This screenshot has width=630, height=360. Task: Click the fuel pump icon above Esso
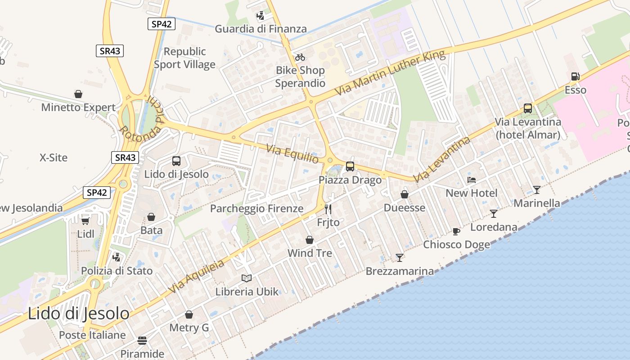[575, 76]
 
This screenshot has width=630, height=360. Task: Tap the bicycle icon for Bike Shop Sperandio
[300, 57]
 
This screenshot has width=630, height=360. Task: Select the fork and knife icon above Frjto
[328, 209]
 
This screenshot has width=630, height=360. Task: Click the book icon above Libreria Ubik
[247, 278]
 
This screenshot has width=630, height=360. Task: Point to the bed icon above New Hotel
[471, 180]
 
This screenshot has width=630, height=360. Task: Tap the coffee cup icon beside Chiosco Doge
[456, 232]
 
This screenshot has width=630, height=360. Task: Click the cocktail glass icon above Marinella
[536, 189]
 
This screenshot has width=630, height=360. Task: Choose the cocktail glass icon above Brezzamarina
[399, 257]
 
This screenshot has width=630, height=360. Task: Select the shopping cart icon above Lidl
[85, 220]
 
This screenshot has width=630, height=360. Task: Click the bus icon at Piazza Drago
[350, 166]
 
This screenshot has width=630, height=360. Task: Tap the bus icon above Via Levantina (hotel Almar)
[527, 108]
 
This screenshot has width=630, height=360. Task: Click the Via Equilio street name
[292, 153]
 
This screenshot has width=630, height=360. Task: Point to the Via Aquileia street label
[196, 277]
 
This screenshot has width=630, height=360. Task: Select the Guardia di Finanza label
[261, 29]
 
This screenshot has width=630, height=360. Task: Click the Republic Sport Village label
[184, 58]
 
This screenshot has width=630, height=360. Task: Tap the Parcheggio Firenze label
[256, 208]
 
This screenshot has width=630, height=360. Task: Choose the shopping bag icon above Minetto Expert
[78, 94]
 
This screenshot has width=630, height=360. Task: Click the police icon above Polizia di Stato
[117, 257]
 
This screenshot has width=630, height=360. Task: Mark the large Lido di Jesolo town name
[78, 313]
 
